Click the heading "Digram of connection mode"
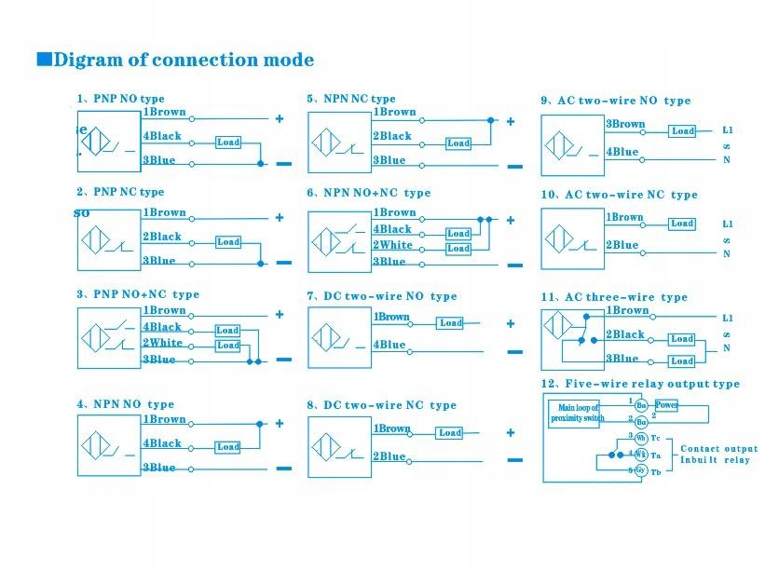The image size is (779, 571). (184, 61)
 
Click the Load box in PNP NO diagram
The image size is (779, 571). (228, 143)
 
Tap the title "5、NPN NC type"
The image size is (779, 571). (351, 99)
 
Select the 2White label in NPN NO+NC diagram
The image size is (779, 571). (392, 245)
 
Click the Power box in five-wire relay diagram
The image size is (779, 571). (666, 405)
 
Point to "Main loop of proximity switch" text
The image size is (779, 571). (578, 413)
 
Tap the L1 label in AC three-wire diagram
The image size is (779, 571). (728, 318)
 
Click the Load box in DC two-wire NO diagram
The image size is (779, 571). (451, 323)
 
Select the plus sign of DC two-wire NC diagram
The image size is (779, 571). (510, 432)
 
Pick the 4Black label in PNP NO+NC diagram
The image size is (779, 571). (162, 327)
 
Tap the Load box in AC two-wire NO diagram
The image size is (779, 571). (683, 131)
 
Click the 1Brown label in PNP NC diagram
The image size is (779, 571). (164, 212)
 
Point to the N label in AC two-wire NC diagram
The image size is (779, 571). (727, 253)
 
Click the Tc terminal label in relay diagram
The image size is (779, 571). (656, 438)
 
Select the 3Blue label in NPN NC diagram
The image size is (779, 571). (390, 160)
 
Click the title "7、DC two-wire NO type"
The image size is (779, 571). (382, 296)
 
